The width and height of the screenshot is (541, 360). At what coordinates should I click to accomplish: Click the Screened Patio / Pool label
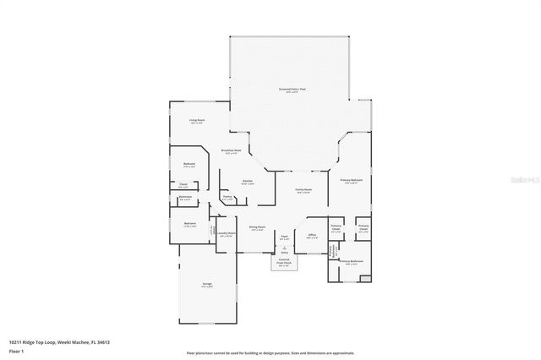(x=292, y=90)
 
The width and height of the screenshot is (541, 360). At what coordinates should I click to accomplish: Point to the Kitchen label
(x=249, y=182)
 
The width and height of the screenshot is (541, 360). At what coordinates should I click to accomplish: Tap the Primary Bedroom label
(x=352, y=181)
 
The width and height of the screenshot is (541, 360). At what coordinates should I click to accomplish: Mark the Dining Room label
(x=257, y=227)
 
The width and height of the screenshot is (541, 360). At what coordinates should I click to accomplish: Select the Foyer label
(x=285, y=237)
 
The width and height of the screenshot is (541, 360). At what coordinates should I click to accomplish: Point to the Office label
(x=312, y=236)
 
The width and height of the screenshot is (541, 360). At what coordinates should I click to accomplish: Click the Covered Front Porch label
(x=284, y=262)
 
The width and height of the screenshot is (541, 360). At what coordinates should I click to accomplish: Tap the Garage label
(x=206, y=284)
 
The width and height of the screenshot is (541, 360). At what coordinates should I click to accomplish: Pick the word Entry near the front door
(x=284, y=252)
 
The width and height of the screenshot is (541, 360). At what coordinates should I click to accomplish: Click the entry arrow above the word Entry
(x=284, y=247)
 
